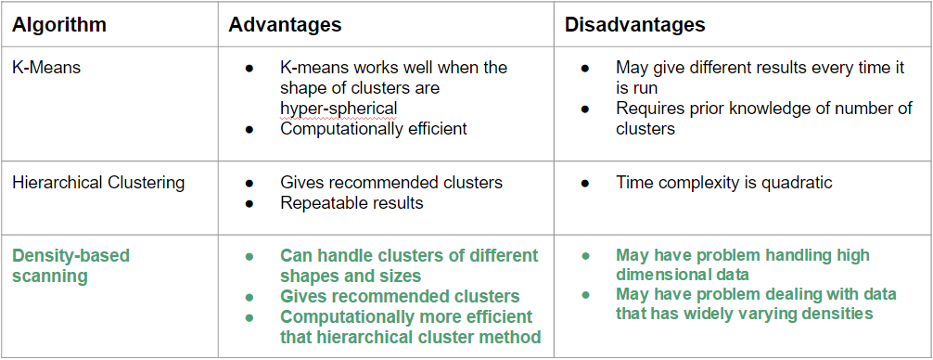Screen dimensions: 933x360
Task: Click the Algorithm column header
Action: pos(59,24)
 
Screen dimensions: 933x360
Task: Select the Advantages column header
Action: pos(285,24)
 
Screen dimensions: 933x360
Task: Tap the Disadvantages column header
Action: pos(635,24)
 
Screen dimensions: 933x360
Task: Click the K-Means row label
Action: pos(46,67)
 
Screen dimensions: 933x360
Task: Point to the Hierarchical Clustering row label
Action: pos(98,182)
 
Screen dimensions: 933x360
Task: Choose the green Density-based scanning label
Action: pos(70,266)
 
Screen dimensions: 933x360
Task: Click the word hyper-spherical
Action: pos(339,109)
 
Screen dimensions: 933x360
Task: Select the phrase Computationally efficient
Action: pos(374,129)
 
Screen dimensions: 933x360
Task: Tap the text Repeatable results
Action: pos(351,202)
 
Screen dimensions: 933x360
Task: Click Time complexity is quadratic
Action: pos(724,182)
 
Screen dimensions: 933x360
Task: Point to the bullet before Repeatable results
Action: pos(249,203)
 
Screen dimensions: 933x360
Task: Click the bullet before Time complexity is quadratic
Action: pos(585,183)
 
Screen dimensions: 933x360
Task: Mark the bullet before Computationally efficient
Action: pos(249,129)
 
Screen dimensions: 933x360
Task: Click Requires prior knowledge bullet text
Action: pos(764,119)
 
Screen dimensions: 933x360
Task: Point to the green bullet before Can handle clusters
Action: pos(249,256)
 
